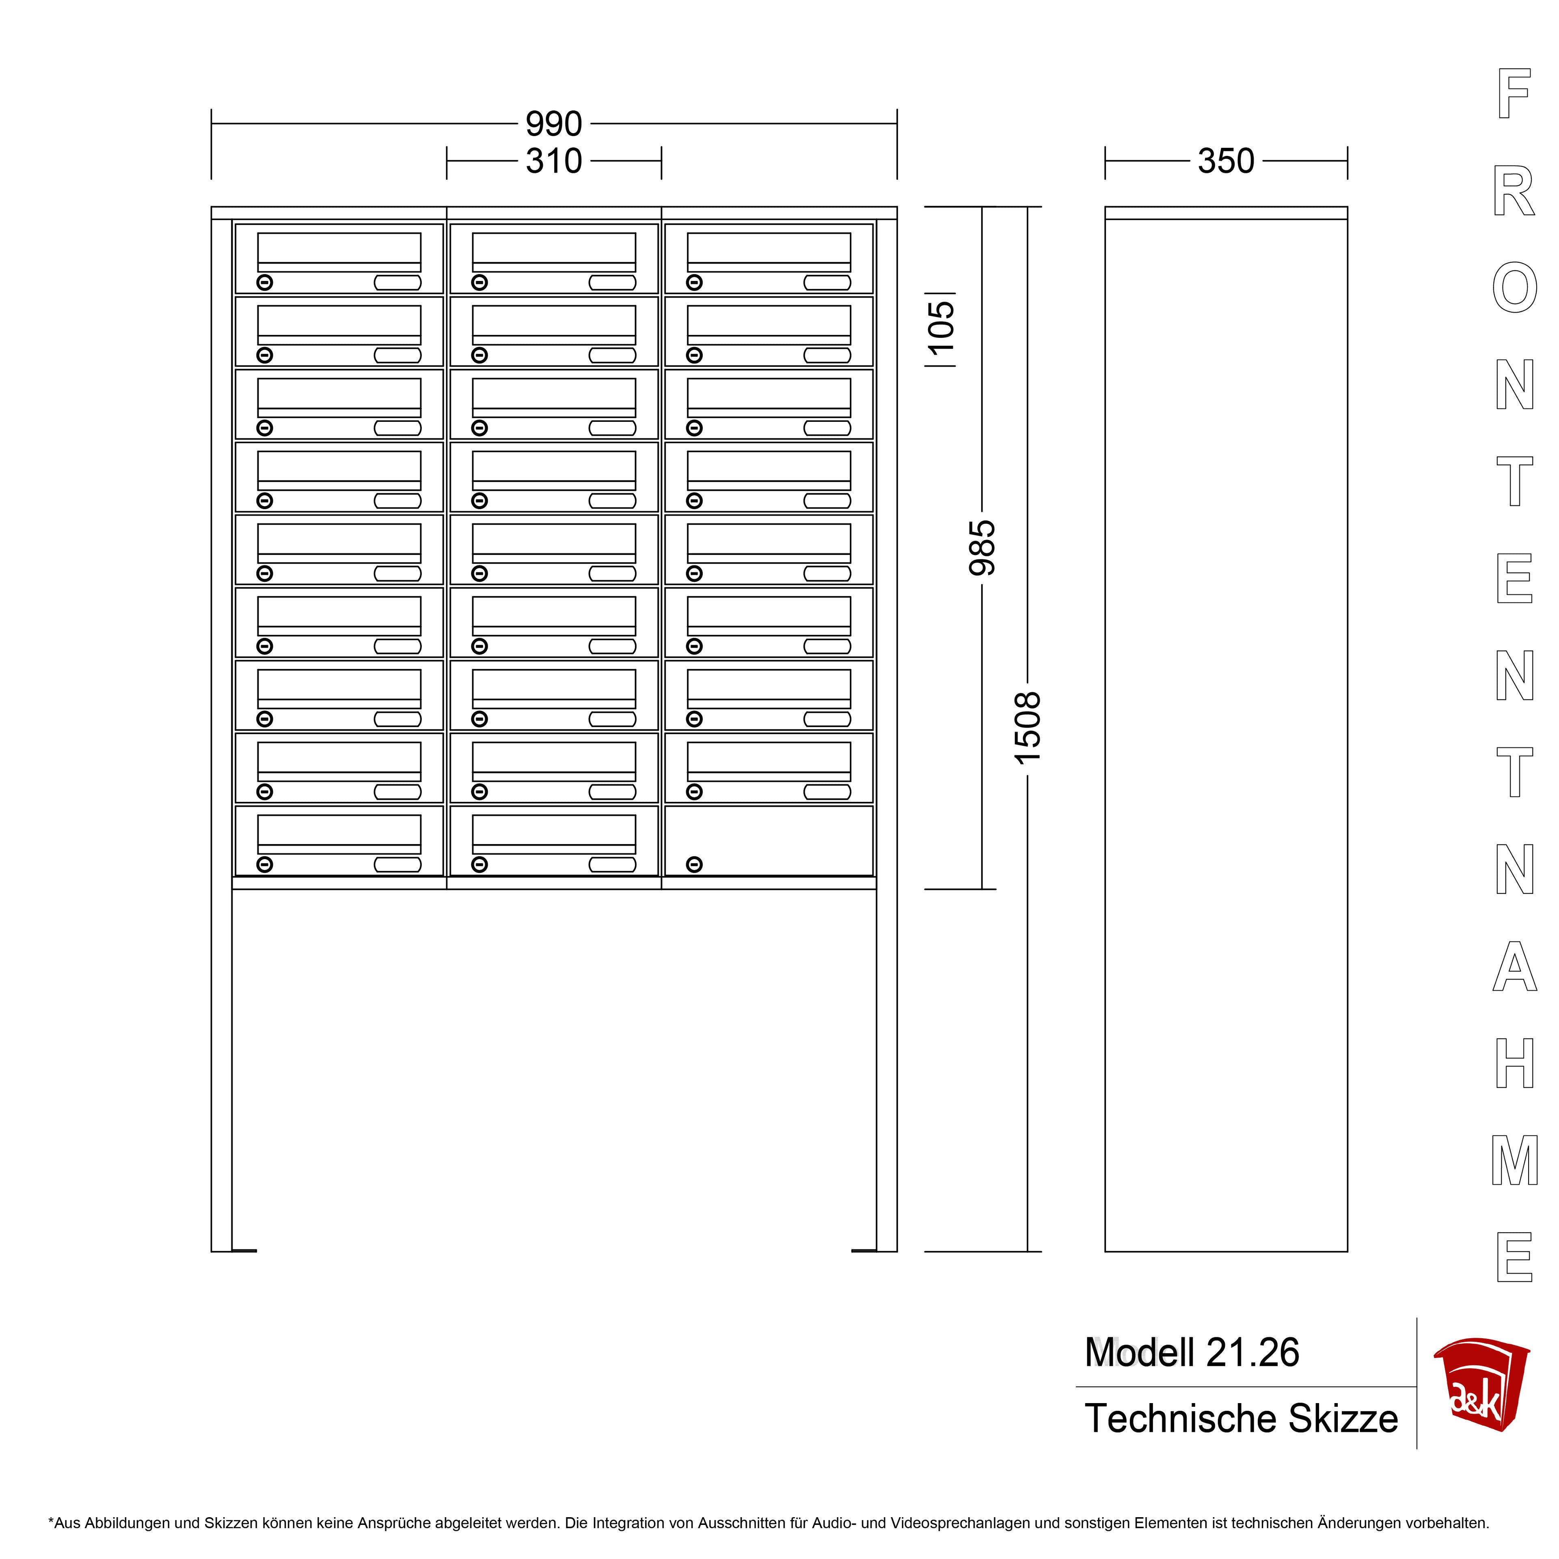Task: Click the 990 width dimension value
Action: (553, 123)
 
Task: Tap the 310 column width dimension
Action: (553, 161)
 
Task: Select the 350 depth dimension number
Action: (1226, 161)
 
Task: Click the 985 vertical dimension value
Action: (982, 548)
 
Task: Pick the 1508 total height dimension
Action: (1027, 728)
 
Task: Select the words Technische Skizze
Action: (1241, 1419)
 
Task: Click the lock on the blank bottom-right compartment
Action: (694, 864)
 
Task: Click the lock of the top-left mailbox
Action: (265, 283)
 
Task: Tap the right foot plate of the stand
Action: (864, 1251)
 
